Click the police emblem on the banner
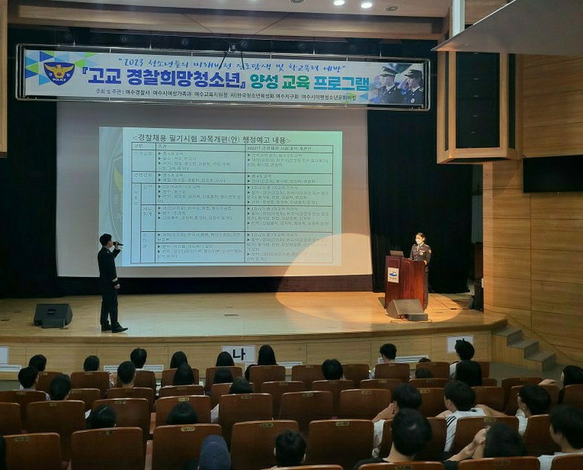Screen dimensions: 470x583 coord(58,74)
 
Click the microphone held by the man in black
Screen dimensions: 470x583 coord(117,243)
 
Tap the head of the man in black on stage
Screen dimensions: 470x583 coord(105,240)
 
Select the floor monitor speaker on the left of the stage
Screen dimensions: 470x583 coord(53,314)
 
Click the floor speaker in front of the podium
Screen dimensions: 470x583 coord(406,308)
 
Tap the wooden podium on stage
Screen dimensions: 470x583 coord(404,279)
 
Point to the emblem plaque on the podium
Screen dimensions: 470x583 coord(393,275)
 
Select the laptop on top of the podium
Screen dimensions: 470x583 coord(397,253)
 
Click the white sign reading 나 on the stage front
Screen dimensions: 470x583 coord(239,353)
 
